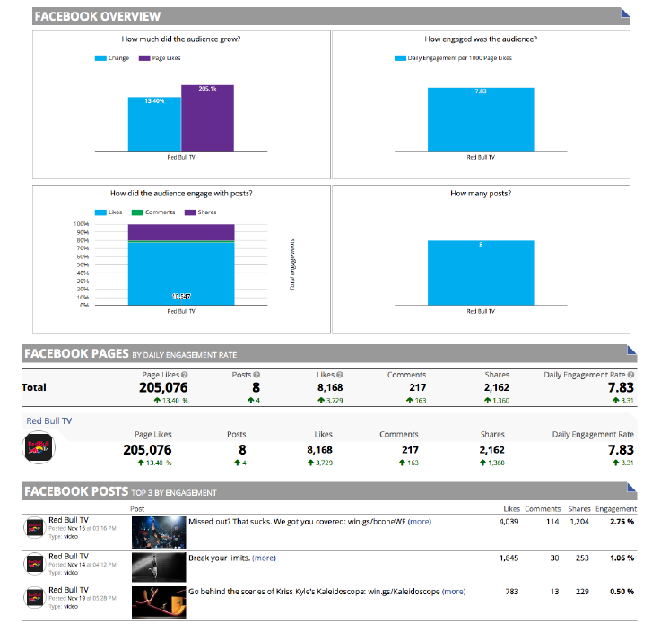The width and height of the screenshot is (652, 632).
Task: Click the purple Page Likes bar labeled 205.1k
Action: (x=207, y=117)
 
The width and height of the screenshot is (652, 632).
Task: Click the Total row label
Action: (x=34, y=388)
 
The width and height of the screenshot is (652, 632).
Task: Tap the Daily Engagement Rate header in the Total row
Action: (x=588, y=375)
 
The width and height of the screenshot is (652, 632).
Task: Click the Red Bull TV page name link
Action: (x=49, y=420)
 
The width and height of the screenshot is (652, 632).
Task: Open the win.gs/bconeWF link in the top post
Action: (x=378, y=521)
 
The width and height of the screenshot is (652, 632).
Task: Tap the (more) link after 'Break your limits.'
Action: (x=264, y=558)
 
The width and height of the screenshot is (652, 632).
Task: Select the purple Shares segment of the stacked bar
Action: (x=180, y=231)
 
